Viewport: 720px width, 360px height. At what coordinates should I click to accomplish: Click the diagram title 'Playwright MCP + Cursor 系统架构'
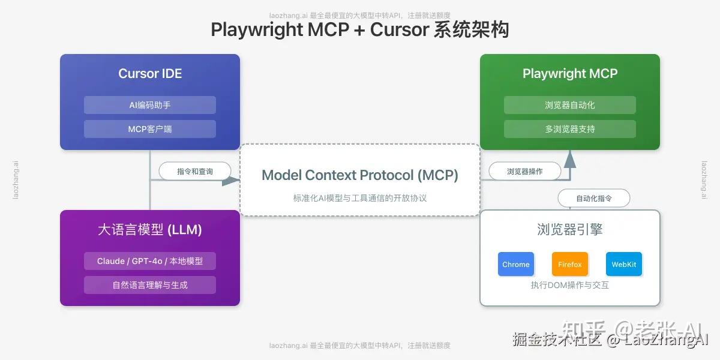[360, 29]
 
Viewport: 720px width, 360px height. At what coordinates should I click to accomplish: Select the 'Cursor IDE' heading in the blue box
[150, 74]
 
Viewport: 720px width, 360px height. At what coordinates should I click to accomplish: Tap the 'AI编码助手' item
[150, 105]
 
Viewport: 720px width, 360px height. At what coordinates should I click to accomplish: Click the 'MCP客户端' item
[150, 129]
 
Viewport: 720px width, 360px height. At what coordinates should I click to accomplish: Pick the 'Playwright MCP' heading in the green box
[570, 74]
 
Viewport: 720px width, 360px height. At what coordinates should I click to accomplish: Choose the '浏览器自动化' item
[570, 105]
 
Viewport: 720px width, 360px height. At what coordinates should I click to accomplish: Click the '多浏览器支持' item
[570, 129]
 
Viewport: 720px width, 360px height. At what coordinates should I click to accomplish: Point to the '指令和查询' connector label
[195, 172]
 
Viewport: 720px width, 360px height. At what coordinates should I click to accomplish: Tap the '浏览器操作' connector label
[525, 172]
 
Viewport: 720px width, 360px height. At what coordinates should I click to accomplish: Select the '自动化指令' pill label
[594, 198]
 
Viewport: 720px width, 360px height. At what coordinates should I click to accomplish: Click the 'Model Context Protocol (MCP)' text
[360, 175]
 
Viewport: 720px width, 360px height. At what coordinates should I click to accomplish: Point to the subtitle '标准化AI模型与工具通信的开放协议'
[360, 198]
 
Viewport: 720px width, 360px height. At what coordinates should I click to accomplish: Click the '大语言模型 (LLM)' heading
[150, 230]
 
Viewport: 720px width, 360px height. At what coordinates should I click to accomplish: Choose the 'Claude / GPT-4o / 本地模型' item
[150, 261]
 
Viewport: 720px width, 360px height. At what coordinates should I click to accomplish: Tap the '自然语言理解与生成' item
[150, 285]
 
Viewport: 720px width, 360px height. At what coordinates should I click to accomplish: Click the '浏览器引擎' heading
[570, 230]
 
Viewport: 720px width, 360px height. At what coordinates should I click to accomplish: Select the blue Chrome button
[516, 264]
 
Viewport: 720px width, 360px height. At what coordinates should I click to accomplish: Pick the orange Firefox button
[570, 264]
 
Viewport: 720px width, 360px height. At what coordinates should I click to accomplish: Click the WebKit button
[624, 264]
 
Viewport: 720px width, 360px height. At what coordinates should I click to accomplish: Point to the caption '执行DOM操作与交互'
[570, 286]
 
